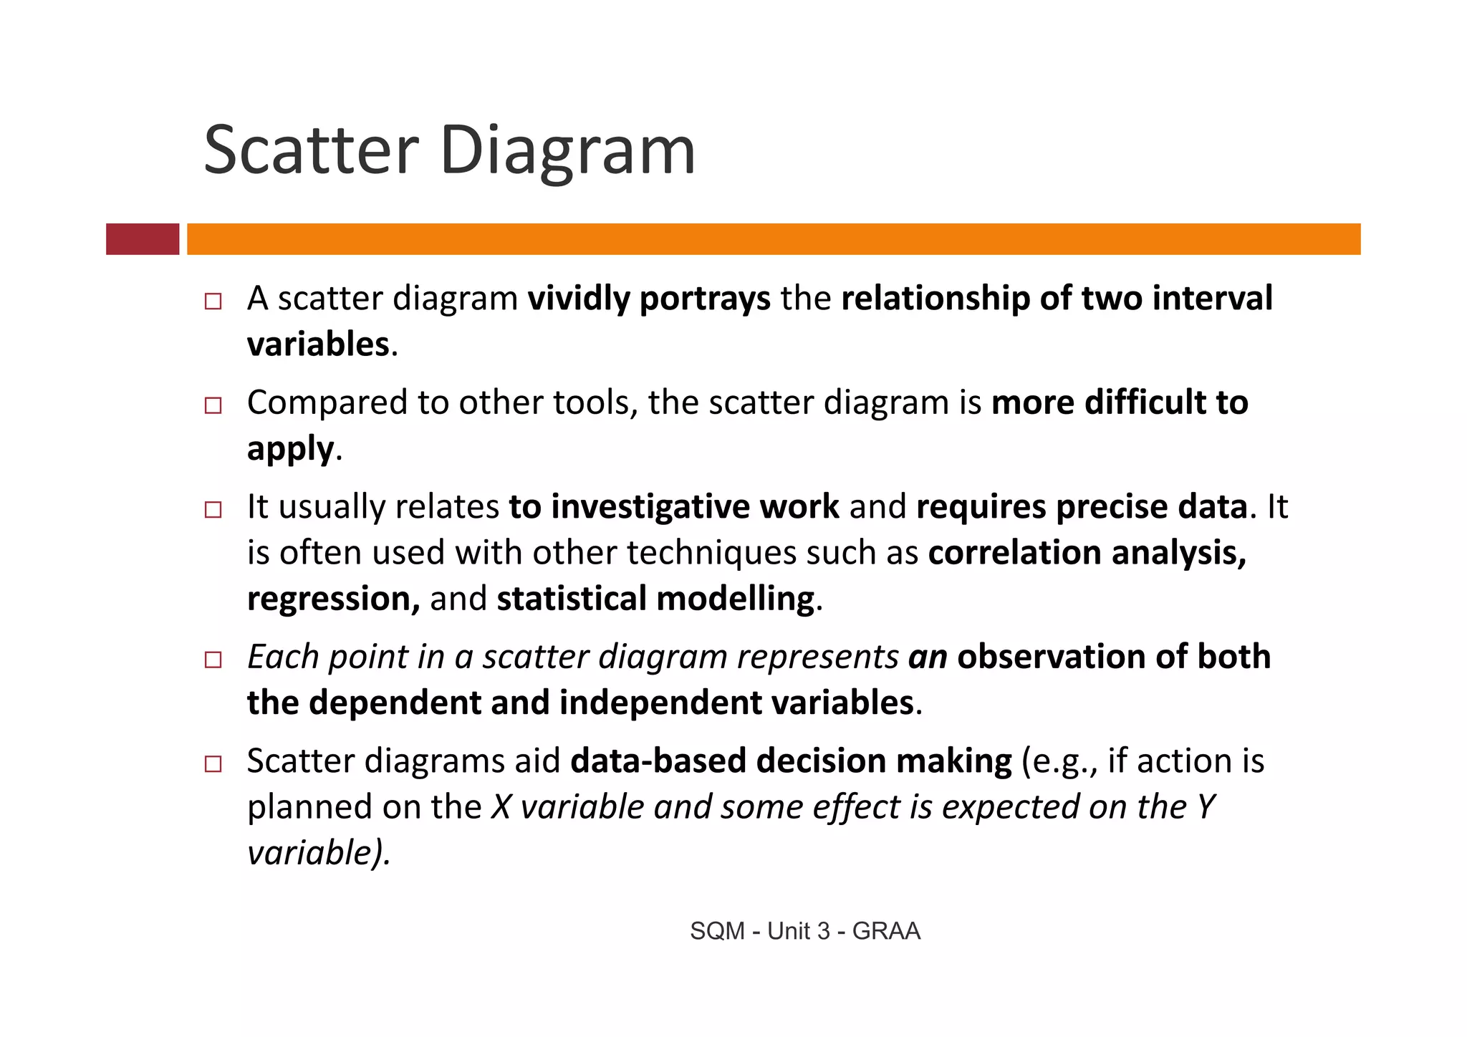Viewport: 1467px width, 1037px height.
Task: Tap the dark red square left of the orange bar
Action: [x=143, y=239]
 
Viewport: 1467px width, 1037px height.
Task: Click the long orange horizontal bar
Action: [x=774, y=239]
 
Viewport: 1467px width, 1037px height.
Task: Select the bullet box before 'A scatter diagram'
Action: [x=213, y=301]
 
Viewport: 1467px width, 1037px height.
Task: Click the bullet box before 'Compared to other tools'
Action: [x=213, y=405]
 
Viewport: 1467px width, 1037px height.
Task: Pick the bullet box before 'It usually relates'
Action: [x=213, y=509]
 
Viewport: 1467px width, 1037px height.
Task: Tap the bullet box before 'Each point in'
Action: [x=213, y=660]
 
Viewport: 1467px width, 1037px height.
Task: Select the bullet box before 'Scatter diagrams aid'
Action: [x=213, y=763]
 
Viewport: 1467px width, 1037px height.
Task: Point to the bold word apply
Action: [x=290, y=450]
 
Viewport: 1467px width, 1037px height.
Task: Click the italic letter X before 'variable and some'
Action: [x=501, y=807]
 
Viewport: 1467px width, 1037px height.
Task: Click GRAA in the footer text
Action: [x=886, y=931]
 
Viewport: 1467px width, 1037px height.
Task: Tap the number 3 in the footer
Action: [x=823, y=931]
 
